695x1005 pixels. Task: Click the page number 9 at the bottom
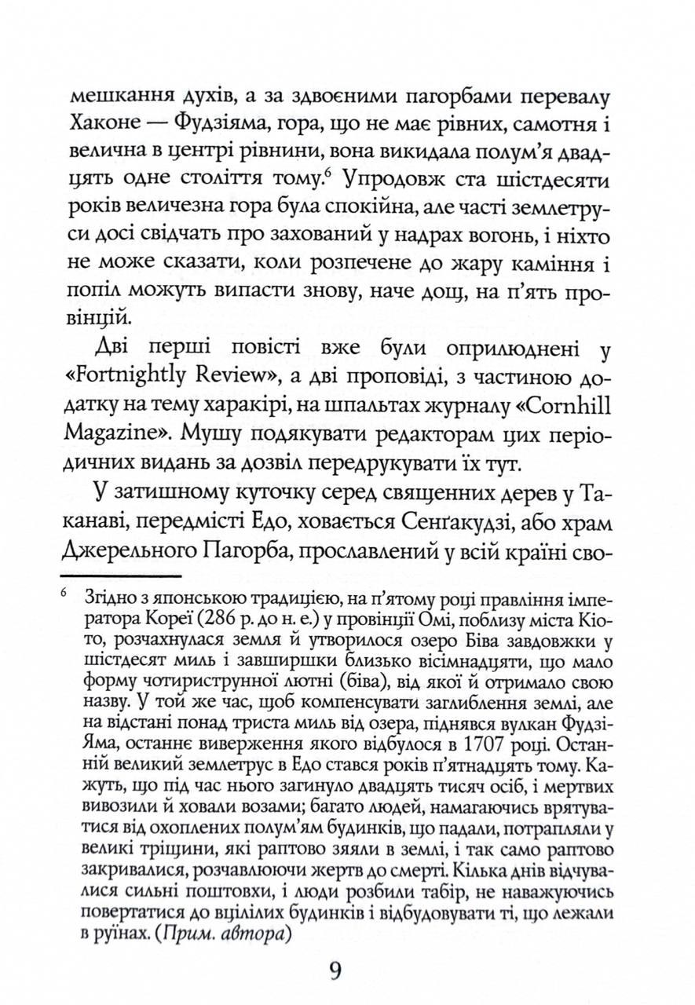335,970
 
